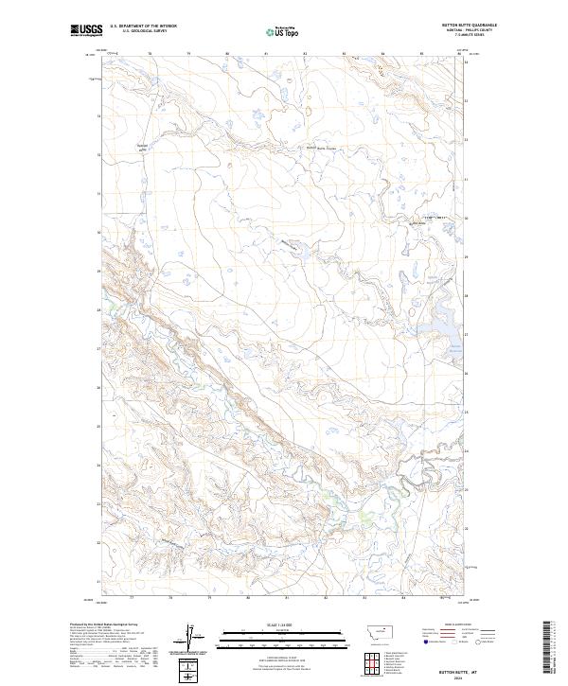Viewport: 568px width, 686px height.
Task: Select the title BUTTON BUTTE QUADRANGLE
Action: click(464, 25)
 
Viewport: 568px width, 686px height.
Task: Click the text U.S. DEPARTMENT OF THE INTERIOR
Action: click(143, 26)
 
